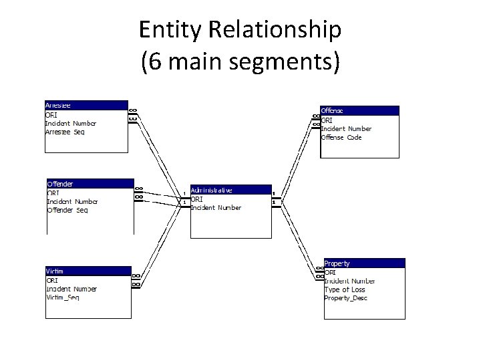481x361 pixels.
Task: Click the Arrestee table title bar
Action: pos(85,105)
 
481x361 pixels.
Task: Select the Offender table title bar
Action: pos(89,183)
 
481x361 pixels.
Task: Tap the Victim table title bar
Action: pos(87,271)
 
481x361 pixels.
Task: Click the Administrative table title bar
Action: pos(230,190)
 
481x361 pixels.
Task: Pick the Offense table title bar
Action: pos(359,110)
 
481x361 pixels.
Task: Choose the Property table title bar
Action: pos(364,263)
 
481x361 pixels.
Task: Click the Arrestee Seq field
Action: pos(65,132)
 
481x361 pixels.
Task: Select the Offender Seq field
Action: pos(67,210)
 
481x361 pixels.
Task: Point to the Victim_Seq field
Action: pos(63,297)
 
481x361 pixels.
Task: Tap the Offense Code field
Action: pos(341,137)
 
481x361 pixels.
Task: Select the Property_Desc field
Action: pos(345,298)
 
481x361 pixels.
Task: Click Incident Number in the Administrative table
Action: pos(216,207)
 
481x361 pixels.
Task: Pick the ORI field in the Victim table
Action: pos(51,280)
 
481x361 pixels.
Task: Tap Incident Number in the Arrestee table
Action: pos(70,123)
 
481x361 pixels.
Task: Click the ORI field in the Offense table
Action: pos(327,120)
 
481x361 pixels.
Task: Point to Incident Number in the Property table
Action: pos(349,281)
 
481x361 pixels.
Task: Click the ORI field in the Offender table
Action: pos(53,193)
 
